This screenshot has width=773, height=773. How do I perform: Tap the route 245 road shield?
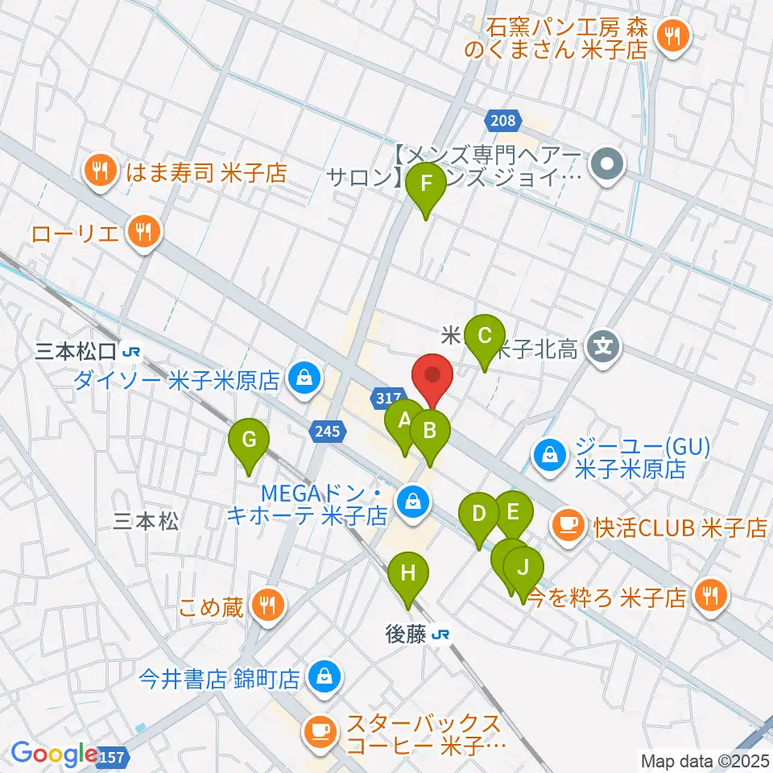click(x=327, y=432)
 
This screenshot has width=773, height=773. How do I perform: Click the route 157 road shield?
click(x=114, y=757)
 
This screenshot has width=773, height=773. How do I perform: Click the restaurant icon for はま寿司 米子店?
click(x=100, y=171)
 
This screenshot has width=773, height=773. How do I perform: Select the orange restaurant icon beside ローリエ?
click(x=145, y=234)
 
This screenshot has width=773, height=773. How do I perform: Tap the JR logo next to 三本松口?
click(x=132, y=351)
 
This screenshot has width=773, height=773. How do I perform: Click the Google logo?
click(x=55, y=754)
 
